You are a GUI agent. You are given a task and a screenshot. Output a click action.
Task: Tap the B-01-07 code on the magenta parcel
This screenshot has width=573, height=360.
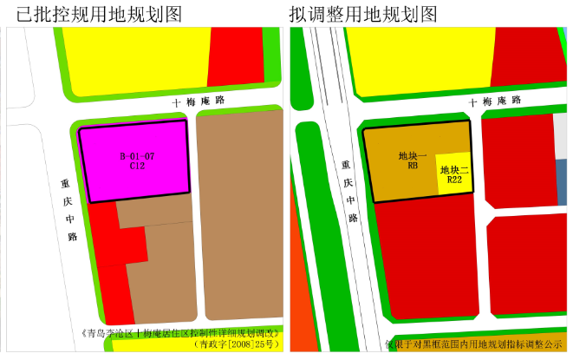[x=137, y=156]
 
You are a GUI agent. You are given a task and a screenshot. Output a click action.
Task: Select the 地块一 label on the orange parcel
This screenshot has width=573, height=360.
[x=408, y=156]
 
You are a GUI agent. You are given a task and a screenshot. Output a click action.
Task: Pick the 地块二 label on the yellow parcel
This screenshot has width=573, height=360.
[x=454, y=170]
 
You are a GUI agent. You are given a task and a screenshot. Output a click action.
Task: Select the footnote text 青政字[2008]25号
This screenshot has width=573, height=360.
[x=233, y=344]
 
